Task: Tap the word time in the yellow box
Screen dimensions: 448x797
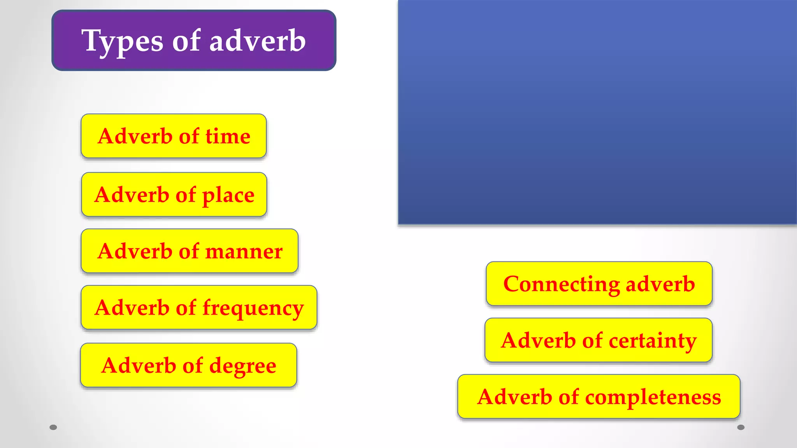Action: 228,136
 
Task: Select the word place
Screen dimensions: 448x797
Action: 228,195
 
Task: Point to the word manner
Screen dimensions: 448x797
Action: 244,252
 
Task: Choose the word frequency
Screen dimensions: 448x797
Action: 253,308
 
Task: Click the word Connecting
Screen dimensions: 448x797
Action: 561,284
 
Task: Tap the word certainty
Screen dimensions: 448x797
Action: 653,341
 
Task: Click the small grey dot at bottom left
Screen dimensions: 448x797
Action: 53,427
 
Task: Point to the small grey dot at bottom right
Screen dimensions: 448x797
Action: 741,427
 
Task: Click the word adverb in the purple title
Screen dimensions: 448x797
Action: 258,41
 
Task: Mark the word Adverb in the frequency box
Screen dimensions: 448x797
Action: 132,308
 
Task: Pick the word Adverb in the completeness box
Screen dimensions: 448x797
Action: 514,397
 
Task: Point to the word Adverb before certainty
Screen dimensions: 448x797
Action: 538,341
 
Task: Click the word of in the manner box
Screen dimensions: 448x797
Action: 189,251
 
